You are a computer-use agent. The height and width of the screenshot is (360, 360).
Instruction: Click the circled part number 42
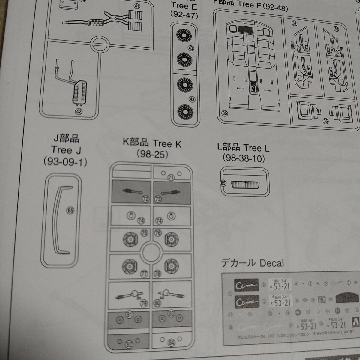coord(79,112)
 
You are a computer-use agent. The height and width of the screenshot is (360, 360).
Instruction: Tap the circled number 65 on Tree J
coord(70,211)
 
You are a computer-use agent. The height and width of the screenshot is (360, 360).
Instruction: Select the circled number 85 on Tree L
coord(223,183)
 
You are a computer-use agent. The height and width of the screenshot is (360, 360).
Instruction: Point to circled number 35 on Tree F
coord(225,113)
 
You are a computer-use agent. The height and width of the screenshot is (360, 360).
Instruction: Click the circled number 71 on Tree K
coord(171,178)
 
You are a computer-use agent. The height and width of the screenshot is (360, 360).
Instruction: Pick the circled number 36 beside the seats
coord(326,121)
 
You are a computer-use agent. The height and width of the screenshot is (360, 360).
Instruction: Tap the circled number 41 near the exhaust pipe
coord(137,6)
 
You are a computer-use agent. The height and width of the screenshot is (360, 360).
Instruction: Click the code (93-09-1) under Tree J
coord(65,162)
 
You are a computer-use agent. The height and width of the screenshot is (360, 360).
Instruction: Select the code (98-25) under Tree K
coord(152,154)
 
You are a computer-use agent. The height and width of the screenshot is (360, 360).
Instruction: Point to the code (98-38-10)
coord(244,158)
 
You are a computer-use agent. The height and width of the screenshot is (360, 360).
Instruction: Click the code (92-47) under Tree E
coord(184,14)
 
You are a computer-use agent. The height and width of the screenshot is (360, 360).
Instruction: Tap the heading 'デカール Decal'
coord(252,263)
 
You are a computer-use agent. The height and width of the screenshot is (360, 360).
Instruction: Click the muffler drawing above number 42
coord(79,92)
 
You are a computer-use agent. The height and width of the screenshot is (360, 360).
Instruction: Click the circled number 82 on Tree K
coord(129,344)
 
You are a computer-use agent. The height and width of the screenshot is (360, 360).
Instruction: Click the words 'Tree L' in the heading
coord(256,148)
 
